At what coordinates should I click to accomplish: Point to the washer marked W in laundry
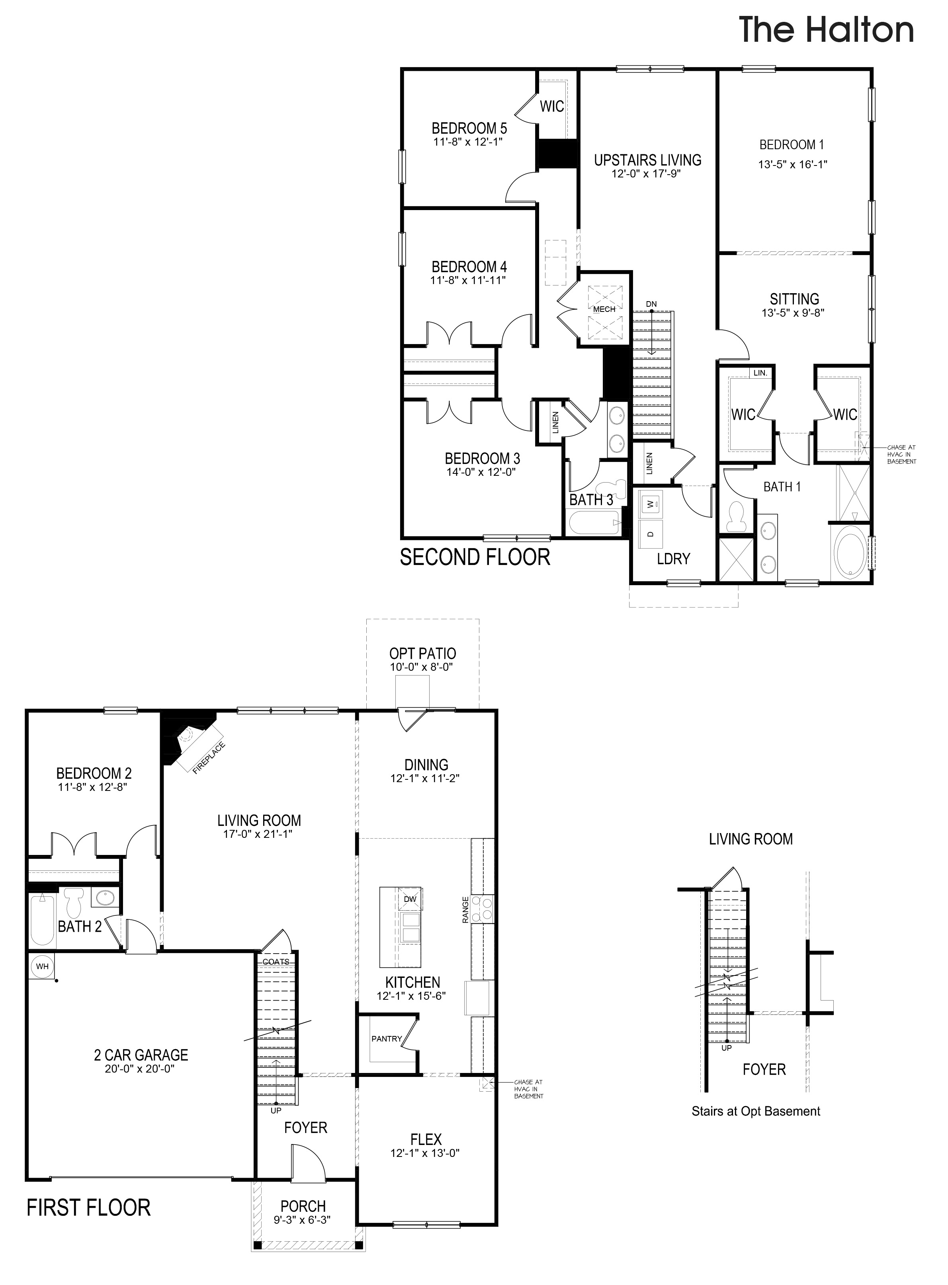coord(650,504)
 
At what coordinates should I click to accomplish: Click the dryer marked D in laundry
coord(650,534)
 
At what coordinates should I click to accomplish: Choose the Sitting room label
coord(794,299)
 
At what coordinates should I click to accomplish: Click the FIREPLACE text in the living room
coord(209,759)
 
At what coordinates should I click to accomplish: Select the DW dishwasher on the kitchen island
coord(410,899)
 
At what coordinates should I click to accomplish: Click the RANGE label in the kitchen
coord(465,909)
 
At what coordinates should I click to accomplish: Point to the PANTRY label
coord(386,1038)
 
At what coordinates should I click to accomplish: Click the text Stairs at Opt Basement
coord(755,1111)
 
